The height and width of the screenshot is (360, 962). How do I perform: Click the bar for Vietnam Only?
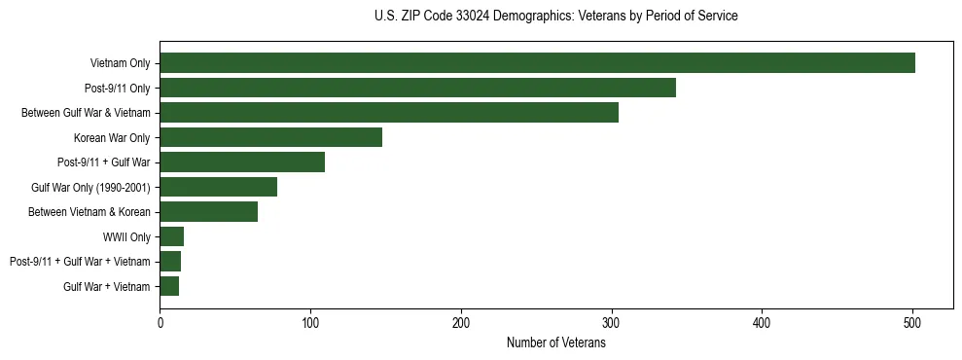tap(537, 63)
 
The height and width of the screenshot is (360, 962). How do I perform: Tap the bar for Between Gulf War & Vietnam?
tap(389, 113)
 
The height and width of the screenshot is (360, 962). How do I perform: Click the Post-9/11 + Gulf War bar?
tap(242, 162)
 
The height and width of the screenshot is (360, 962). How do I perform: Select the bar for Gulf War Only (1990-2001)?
tap(218, 187)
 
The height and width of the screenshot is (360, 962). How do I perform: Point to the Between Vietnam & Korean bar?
tap(208, 211)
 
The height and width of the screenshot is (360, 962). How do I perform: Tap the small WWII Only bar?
tap(171, 236)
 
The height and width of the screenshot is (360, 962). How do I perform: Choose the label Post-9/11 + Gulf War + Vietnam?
tap(80, 262)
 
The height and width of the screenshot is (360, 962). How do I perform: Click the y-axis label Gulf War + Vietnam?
tap(107, 286)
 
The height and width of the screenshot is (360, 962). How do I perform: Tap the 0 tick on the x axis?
tap(160, 322)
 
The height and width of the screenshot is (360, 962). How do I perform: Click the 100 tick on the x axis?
tap(310, 322)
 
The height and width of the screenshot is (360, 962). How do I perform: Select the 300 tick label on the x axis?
tap(611, 322)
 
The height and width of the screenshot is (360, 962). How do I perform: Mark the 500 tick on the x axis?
tap(912, 322)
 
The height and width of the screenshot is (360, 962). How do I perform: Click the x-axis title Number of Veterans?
tap(555, 342)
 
